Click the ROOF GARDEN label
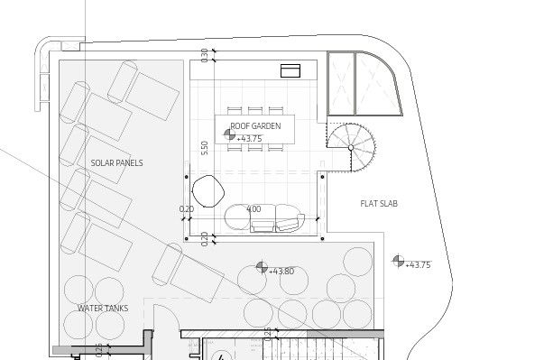point(256,126)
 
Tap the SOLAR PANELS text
point(117,163)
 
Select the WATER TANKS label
point(102,309)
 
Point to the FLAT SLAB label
point(378,204)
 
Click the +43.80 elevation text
point(282,272)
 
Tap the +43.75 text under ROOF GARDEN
point(249,139)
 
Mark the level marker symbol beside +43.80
point(262,268)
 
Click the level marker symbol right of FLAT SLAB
point(398,262)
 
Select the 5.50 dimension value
point(206,148)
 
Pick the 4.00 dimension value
point(253,209)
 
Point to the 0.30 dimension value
point(205,54)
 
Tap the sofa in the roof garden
point(263,217)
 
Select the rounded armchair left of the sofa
point(208,191)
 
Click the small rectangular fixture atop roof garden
point(290,70)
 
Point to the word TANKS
point(115,309)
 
